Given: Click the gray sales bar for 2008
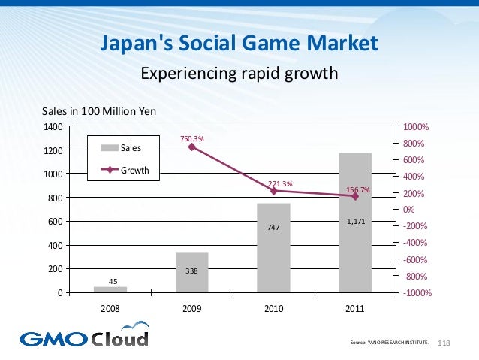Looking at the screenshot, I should (x=110, y=289).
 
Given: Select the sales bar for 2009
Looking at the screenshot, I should (x=192, y=273).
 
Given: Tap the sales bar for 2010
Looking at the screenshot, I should (x=273, y=248).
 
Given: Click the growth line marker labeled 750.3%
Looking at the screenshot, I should (x=192, y=147).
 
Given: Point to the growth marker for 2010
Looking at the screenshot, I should (x=273, y=191).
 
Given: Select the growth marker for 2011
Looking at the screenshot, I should (x=355, y=196).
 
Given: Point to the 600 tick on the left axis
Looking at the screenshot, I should (x=55, y=222).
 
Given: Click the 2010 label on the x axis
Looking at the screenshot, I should (x=273, y=308).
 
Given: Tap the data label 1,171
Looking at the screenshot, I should (x=355, y=222).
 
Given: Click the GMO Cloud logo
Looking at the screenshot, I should (x=84, y=335).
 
